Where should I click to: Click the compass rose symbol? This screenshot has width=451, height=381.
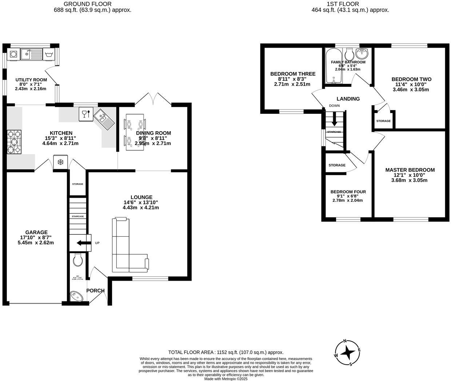[348, 352]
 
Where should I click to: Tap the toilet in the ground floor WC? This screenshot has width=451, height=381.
[77, 260]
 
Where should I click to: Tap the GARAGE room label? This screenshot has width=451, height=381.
[36, 232]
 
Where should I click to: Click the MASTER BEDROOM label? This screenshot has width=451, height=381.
[410, 170]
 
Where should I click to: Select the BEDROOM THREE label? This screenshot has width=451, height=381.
[293, 74]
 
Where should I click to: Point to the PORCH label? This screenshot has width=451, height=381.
[95, 290]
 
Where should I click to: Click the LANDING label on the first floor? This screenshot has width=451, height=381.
[348, 99]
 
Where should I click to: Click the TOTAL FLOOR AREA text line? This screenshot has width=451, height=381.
[225, 352]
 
